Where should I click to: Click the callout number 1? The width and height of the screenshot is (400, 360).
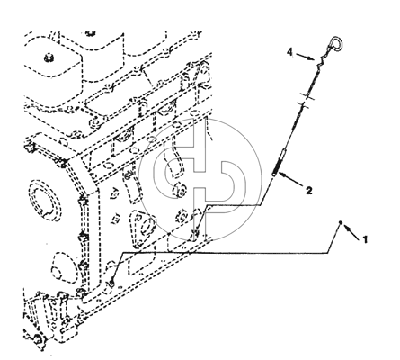[365, 239]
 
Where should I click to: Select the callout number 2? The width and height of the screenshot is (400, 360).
[309, 190]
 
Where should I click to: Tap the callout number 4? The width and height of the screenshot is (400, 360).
[289, 52]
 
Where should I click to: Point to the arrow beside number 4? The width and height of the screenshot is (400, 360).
[306, 57]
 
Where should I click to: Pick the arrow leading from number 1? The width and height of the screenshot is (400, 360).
[351, 233]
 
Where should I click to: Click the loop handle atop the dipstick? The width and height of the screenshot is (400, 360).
[335, 44]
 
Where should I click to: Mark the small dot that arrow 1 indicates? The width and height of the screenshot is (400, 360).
[341, 222]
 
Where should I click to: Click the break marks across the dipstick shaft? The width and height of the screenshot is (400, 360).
[305, 100]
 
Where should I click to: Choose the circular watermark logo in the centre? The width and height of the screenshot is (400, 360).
[200, 180]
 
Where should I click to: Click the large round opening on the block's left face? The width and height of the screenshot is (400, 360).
[45, 200]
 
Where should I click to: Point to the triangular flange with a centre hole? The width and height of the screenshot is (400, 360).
[143, 226]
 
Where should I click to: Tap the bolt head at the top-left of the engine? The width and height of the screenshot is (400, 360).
[48, 58]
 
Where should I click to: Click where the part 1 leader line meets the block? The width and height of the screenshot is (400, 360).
[111, 283]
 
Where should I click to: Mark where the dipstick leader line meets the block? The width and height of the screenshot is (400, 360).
[197, 231]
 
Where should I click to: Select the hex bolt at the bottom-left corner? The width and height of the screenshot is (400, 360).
[38, 339]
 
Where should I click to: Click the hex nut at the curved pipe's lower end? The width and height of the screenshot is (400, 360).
[180, 190]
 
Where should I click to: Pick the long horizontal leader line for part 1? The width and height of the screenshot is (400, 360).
[224, 253]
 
